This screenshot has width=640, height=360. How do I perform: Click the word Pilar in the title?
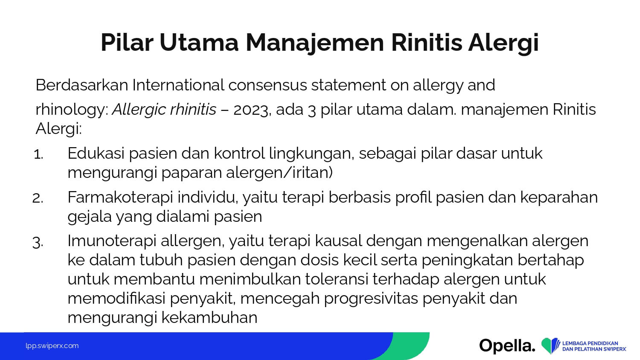[127, 43]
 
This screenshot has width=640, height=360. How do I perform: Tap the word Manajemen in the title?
[314, 43]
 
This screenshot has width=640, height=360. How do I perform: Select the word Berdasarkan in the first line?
[82, 85]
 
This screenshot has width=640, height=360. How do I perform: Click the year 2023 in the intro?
[251, 110]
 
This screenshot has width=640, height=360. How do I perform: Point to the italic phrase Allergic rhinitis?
[164, 110]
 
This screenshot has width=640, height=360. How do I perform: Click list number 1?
[38, 154]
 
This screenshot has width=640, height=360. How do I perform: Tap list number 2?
[38, 198]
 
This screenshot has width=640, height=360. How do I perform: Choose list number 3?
[38, 242]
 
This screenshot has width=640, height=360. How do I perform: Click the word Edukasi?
[96, 153]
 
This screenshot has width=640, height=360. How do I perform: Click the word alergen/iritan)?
[279, 173]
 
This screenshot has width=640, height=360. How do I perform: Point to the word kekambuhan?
[209, 318]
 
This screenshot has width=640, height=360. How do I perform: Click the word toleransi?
[337, 279]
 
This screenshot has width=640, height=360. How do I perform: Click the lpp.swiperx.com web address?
[52, 346]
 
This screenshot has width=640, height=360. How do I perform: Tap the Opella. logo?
[507, 346]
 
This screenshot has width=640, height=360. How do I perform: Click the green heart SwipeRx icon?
[550, 345]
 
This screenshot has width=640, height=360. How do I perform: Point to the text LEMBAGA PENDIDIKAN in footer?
[590, 343]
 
